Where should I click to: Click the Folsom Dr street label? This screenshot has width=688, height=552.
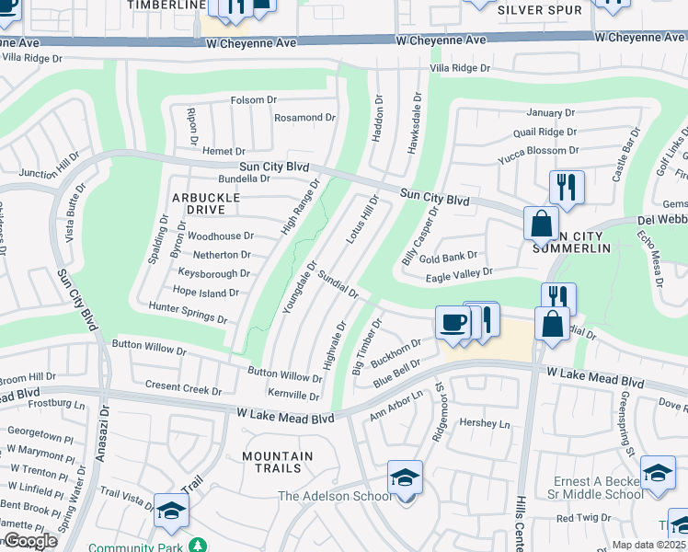[x=253, y=99]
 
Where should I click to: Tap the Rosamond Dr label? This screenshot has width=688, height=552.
[x=305, y=118]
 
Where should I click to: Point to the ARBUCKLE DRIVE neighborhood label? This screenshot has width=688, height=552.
[x=205, y=203]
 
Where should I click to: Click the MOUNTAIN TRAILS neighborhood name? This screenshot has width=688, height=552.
[x=277, y=463]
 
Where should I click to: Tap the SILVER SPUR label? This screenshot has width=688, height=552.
[x=540, y=10]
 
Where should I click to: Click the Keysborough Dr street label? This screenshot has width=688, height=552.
[x=213, y=273]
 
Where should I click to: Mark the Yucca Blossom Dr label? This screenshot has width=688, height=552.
[x=538, y=150]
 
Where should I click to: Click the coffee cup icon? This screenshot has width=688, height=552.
[x=452, y=323]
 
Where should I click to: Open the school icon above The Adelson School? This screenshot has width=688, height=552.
[x=404, y=477]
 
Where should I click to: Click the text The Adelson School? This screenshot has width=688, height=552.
[x=335, y=497]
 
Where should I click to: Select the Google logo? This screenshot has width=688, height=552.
[x=30, y=541]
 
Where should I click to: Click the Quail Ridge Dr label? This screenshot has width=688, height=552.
[x=545, y=132]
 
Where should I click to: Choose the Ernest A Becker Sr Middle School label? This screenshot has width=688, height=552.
[x=598, y=488]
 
